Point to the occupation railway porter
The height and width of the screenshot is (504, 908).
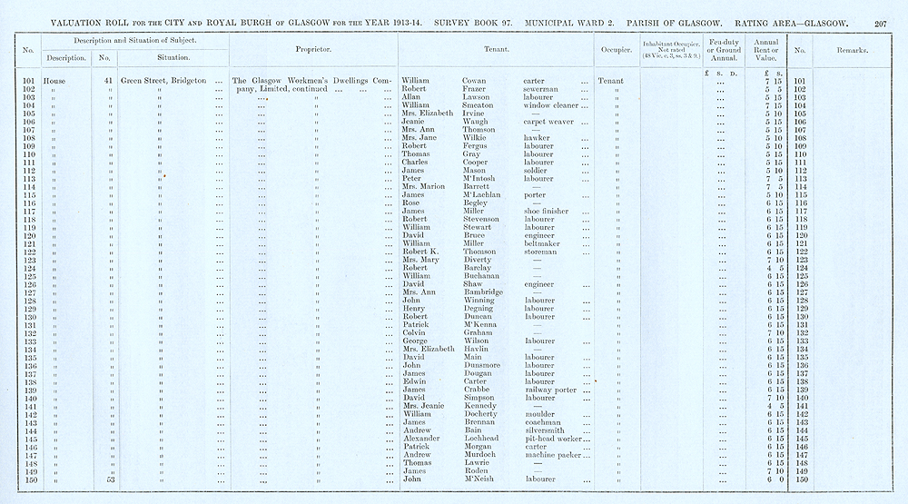(x=551, y=389)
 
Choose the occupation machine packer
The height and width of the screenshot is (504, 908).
(x=555, y=454)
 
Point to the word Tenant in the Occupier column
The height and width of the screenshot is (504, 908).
(x=611, y=81)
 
